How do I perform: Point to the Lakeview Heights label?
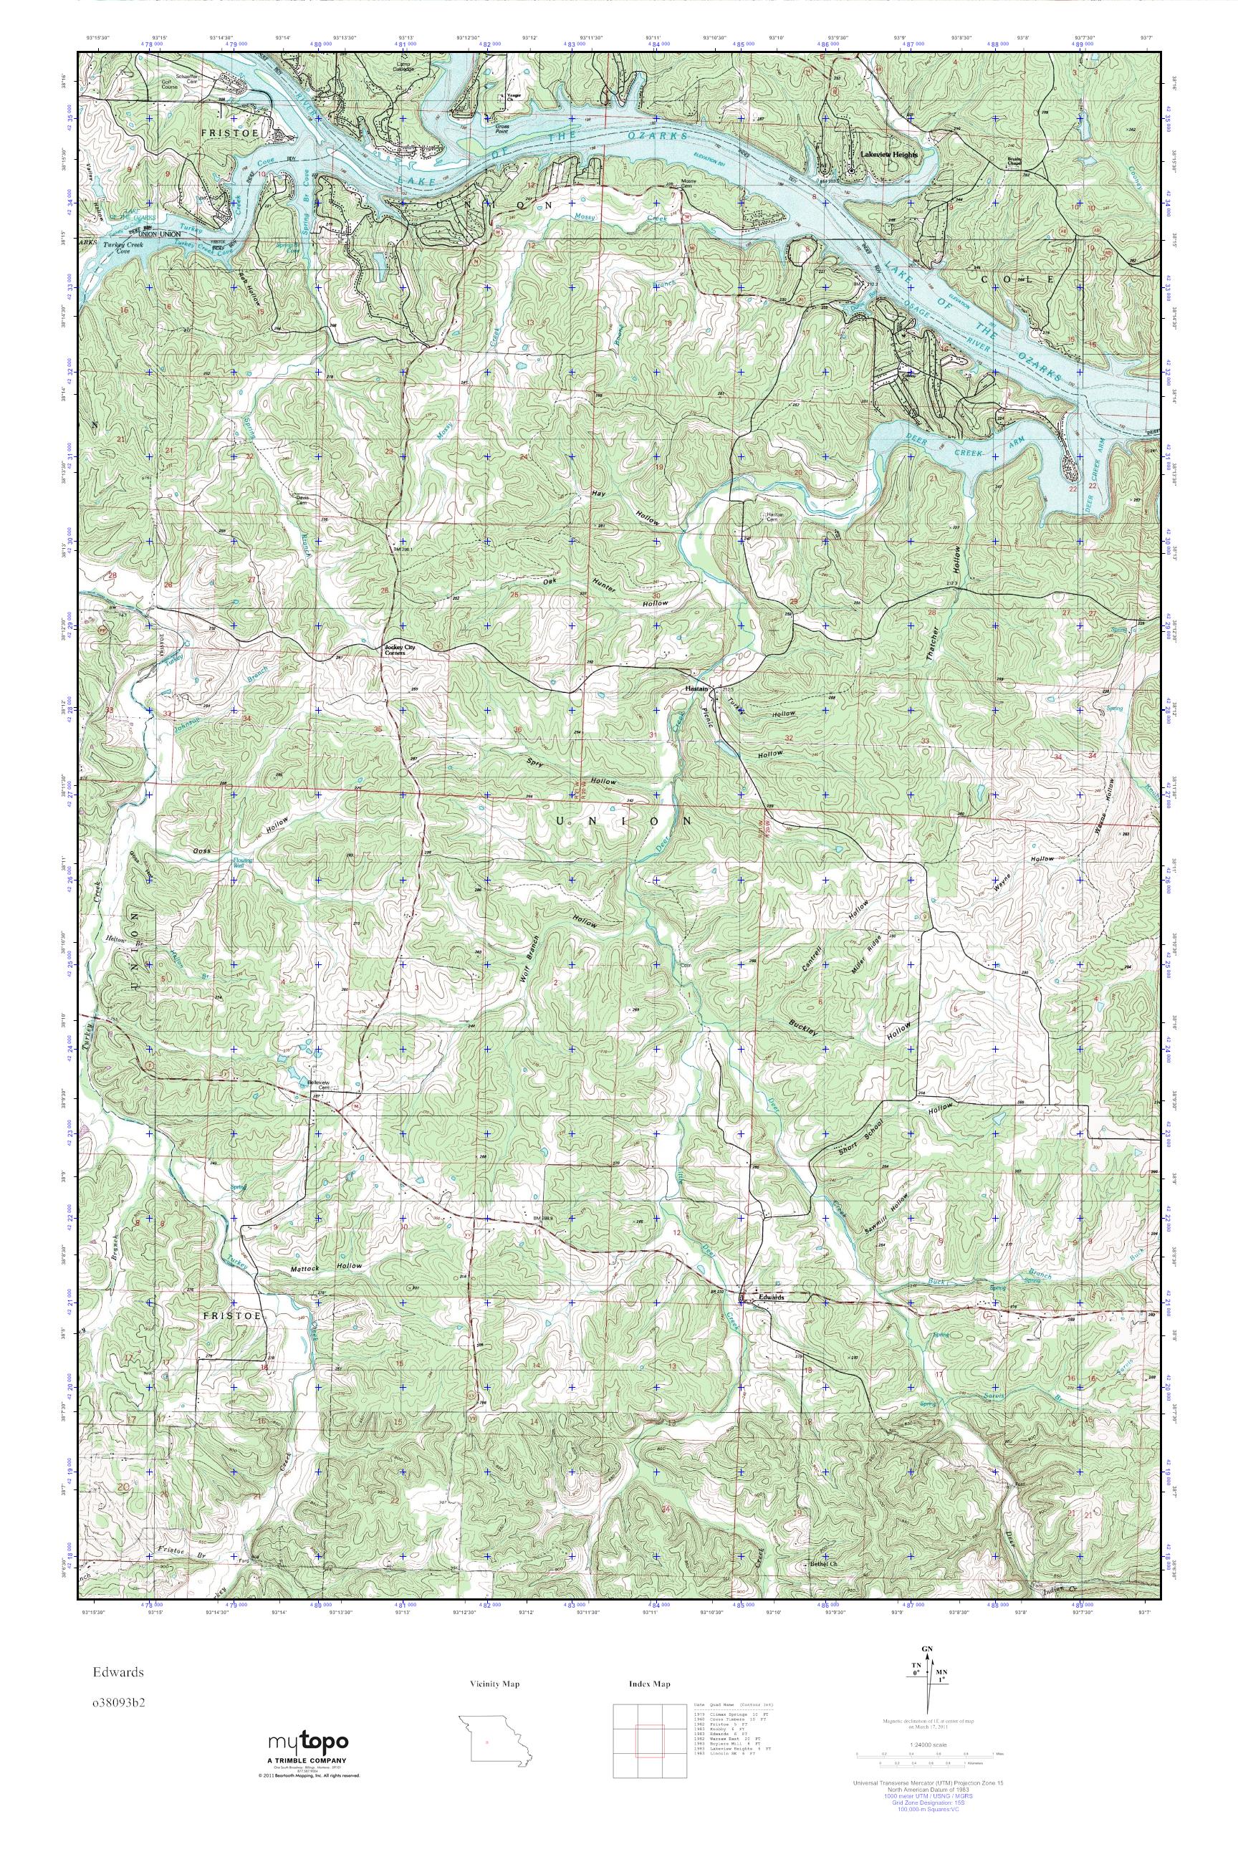click(x=889, y=155)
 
